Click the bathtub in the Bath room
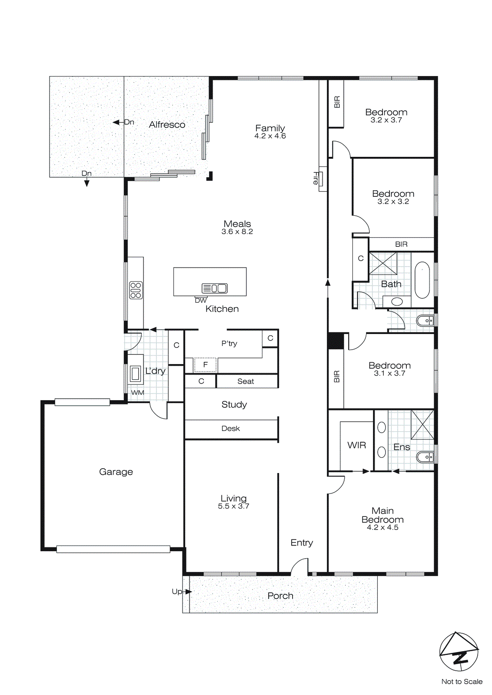(422, 280)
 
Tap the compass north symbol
(459, 652)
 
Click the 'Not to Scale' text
(462, 682)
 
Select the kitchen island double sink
(215, 288)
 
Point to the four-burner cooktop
(136, 290)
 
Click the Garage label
(116, 472)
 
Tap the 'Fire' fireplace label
(316, 178)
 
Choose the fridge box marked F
(205, 365)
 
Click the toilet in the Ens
(425, 457)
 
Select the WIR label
(356, 445)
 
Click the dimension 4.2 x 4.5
(382, 527)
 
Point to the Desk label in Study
(230, 429)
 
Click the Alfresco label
(167, 125)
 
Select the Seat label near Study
(246, 381)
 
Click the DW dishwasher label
(201, 301)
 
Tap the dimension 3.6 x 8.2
(237, 232)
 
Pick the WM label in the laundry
(137, 393)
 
